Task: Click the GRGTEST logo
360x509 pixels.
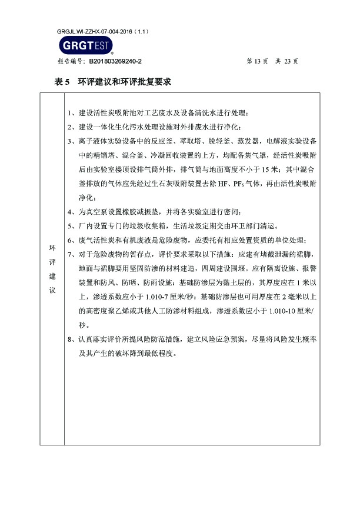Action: [x=85, y=45]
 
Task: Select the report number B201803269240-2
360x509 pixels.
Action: [x=115, y=61]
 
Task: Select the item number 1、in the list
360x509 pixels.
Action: [x=72, y=113]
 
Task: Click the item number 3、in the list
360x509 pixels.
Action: [x=72, y=141]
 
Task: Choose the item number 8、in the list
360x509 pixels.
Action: [x=72, y=340]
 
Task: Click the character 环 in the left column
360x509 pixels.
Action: [x=51, y=248]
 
